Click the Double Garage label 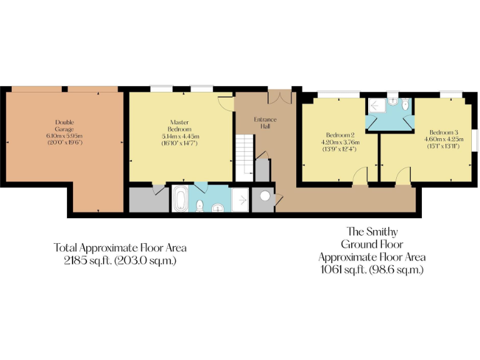[x=64, y=126]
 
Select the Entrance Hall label [x=265, y=122]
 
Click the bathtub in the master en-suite [x=179, y=199]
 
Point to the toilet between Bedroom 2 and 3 [x=406, y=106]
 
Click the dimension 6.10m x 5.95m [x=64, y=136]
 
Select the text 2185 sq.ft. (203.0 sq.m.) [x=120, y=261]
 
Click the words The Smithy [x=372, y=232]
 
